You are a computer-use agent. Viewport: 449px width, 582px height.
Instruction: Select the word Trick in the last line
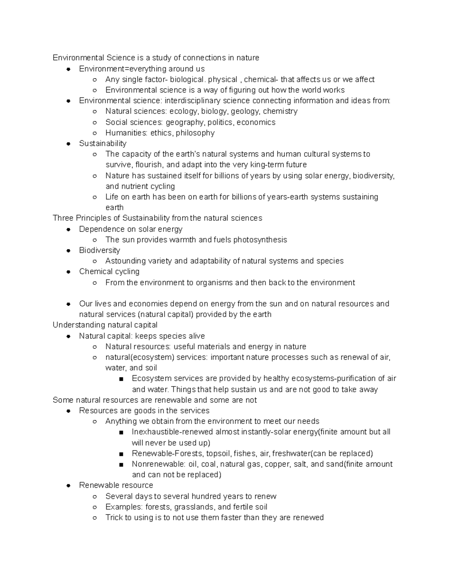(114, 518)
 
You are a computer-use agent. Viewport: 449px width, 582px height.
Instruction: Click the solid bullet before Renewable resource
(68, 486)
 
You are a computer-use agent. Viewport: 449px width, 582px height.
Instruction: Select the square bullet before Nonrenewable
(121, 465)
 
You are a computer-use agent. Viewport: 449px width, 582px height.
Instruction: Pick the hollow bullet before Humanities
(95, 133)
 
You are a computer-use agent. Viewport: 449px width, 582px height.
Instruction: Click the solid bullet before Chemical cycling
(68, 272)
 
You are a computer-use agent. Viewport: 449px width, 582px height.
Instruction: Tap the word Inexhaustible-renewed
(172, 432)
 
